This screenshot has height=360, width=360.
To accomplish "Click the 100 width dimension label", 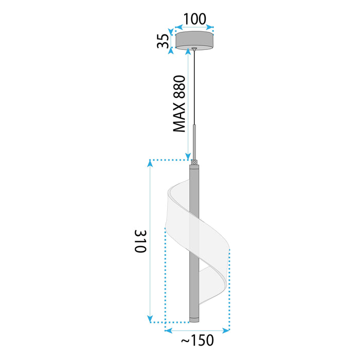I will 194,19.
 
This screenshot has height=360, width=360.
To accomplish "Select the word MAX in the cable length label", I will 179,118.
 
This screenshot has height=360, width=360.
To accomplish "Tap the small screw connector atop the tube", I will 194,163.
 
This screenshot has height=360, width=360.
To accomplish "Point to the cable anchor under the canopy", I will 194,50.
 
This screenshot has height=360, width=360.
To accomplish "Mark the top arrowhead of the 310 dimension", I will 150,164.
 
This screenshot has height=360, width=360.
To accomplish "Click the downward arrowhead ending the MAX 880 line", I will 188,156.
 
